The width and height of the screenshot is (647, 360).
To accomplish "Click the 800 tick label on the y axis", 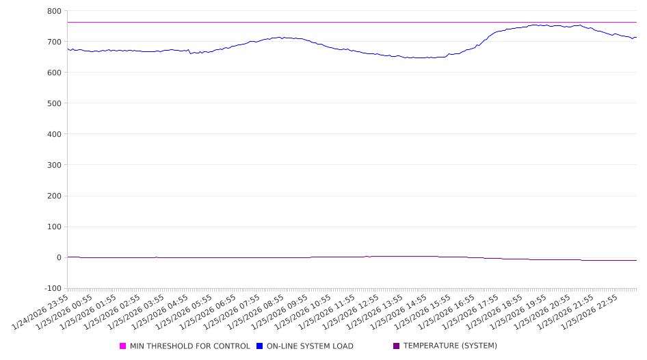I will point(53,11).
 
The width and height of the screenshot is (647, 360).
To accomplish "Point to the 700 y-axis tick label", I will point(53,42).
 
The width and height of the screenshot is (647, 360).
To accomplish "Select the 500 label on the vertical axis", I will point(53,103).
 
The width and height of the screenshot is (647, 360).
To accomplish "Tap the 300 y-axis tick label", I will point(53,165).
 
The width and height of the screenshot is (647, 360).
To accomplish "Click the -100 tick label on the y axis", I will point(51,288).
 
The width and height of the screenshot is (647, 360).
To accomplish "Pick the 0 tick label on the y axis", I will point(58,257).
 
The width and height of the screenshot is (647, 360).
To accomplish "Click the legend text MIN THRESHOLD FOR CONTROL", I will point(189,346).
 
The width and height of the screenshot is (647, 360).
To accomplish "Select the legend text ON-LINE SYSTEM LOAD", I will point(310,346).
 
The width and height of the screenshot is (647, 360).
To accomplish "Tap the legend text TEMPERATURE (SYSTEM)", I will point(450,346).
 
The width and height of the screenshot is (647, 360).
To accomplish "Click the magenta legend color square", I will point(123,346).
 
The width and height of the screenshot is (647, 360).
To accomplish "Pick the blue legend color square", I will point(260,346).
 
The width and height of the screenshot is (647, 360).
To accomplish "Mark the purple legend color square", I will point(397,346).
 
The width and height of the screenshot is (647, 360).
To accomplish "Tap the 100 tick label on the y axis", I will point(53,227).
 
